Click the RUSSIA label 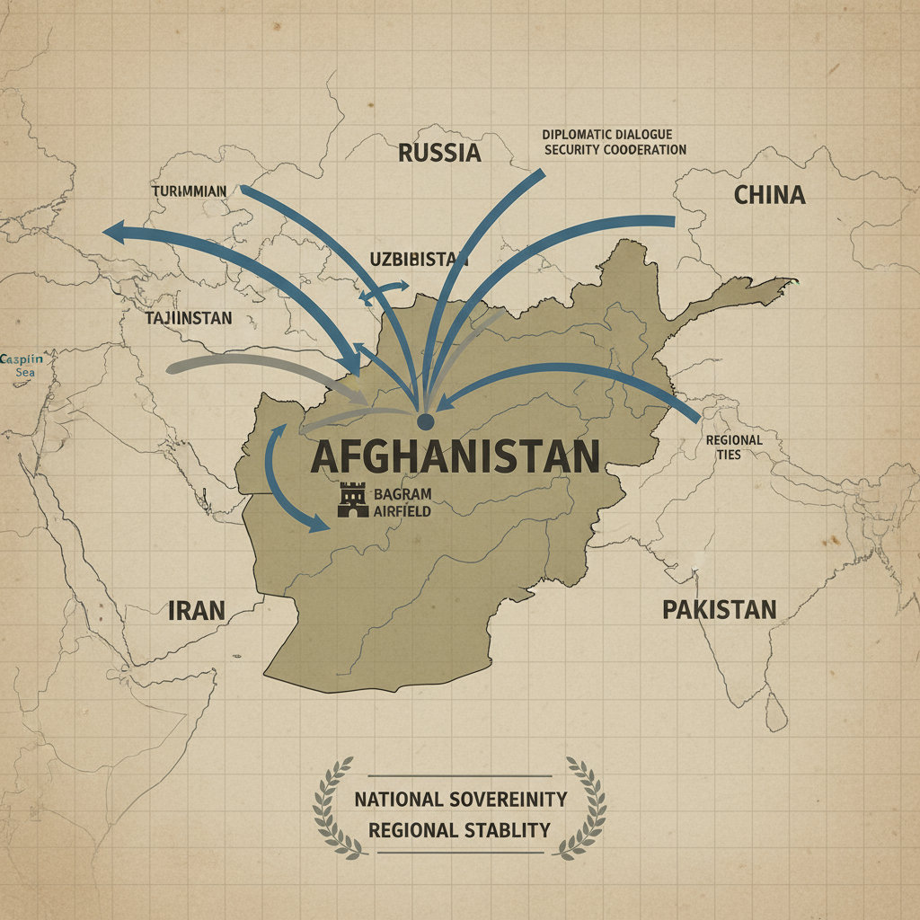[439, 152]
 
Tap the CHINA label [769, 194]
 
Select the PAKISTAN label [719, 610]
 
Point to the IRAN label [196, 611]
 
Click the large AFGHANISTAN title [455, 457]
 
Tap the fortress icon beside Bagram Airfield [353, 500]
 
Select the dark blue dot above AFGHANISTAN [426, 420]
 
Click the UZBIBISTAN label [420, 259]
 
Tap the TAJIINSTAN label [189, 318]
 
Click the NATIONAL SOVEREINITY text [460, 799]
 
